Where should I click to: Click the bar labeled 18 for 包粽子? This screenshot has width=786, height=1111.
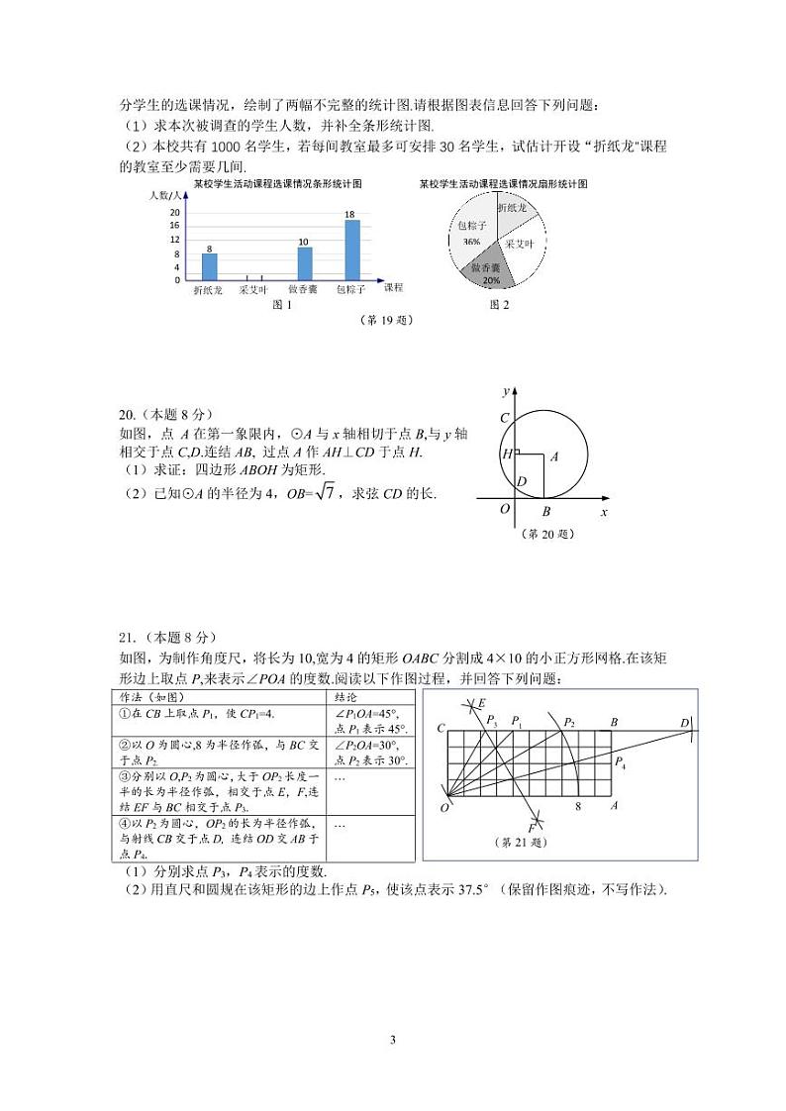tap(351, 250)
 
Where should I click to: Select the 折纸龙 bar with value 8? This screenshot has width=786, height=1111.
tap(209, 266)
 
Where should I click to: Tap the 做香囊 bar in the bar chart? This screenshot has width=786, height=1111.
tap(304, 262)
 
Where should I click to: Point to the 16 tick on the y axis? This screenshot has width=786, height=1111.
tap(175, 226)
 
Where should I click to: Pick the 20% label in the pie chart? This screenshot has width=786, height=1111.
tap(491, 280)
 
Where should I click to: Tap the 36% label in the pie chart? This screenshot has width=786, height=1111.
tap(471, 242)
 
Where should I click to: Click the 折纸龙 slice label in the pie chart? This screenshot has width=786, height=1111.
tap(513, 209)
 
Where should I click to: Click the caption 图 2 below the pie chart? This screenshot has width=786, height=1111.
tap(500, 305)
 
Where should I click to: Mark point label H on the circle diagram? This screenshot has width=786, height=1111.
tap(507, 454)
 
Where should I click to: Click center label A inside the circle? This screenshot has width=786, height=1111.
tap(554, 456)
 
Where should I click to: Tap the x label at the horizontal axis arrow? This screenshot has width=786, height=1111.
tap(603, 512)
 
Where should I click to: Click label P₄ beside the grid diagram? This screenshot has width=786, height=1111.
tap(620, 761)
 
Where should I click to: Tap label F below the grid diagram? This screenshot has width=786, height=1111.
tap(532, 827)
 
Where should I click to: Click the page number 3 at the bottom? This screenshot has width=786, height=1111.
tap(393, 1040)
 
